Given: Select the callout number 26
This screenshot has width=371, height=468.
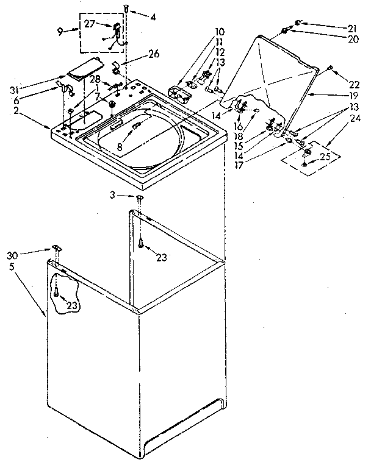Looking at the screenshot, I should (x=153, y=54).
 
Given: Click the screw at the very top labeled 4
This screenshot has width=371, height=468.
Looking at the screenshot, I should (x=126, y=8).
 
